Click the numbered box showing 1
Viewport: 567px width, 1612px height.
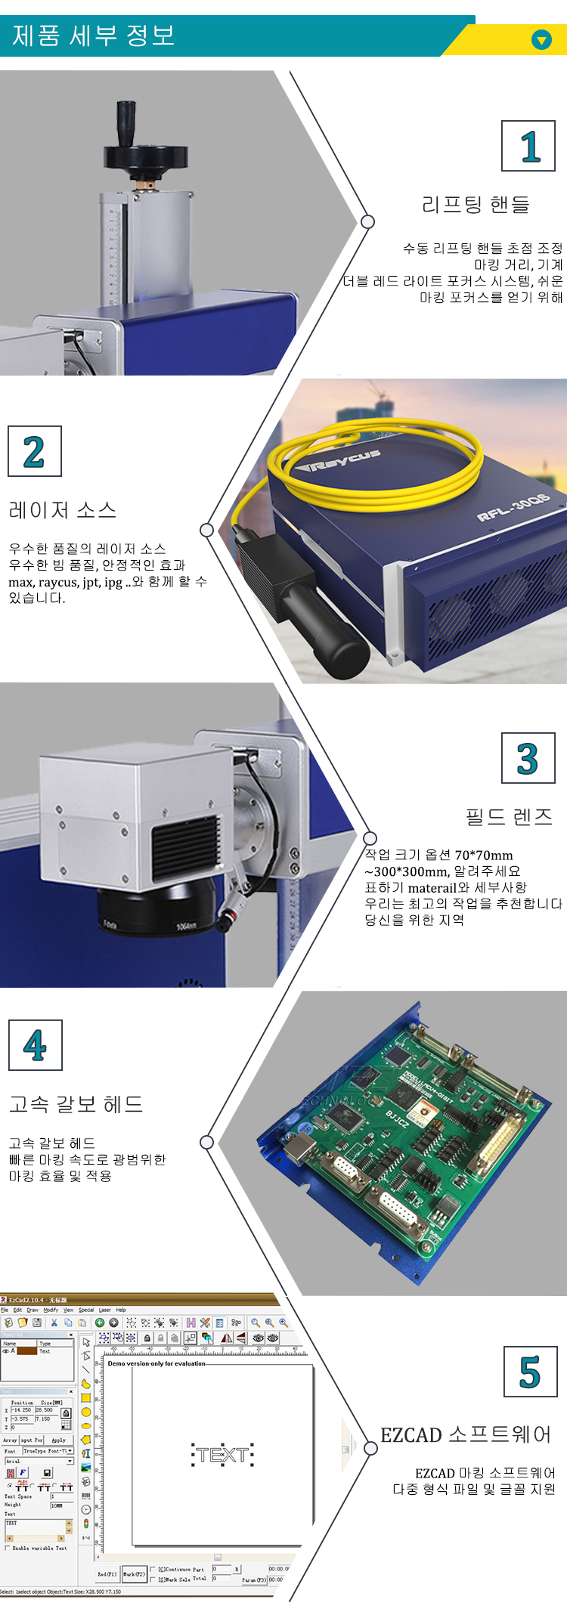528,146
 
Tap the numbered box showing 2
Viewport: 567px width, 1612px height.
34,451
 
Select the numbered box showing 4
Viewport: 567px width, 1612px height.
35,1045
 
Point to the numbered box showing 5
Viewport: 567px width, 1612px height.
530,1371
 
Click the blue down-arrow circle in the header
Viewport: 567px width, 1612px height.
541,39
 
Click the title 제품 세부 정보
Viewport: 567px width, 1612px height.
94,36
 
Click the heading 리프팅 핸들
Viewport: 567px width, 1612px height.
476,204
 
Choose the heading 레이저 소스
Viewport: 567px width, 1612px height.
63,510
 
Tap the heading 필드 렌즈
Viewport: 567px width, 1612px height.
509,817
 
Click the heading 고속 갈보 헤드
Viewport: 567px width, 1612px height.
76,1104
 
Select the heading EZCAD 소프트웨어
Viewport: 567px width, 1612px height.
466,1434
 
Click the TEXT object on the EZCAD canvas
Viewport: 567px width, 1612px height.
222,1455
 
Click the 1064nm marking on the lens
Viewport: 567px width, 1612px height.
187,926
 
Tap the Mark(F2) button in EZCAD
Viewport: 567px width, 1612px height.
133,1574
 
